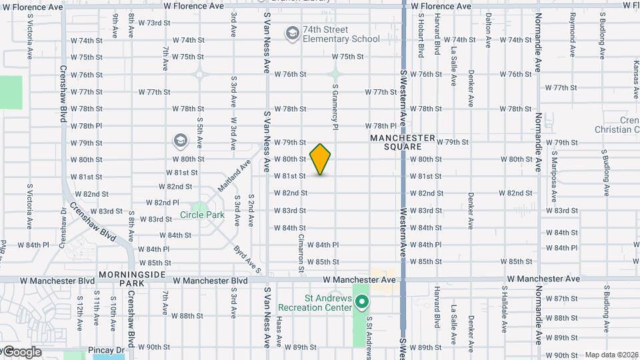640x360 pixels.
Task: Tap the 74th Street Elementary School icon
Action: [292, 33]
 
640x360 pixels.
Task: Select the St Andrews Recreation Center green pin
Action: [362, 303]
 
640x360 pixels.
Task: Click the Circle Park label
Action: [202, 215]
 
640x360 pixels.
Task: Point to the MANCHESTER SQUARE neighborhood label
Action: [403, 142]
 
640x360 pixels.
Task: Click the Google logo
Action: [21, 352]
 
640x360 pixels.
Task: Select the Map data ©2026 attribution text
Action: [611, 355]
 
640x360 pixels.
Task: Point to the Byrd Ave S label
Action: [246, 259]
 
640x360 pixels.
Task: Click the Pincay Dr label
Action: [107, 349]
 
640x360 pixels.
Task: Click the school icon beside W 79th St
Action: [180, 141]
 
